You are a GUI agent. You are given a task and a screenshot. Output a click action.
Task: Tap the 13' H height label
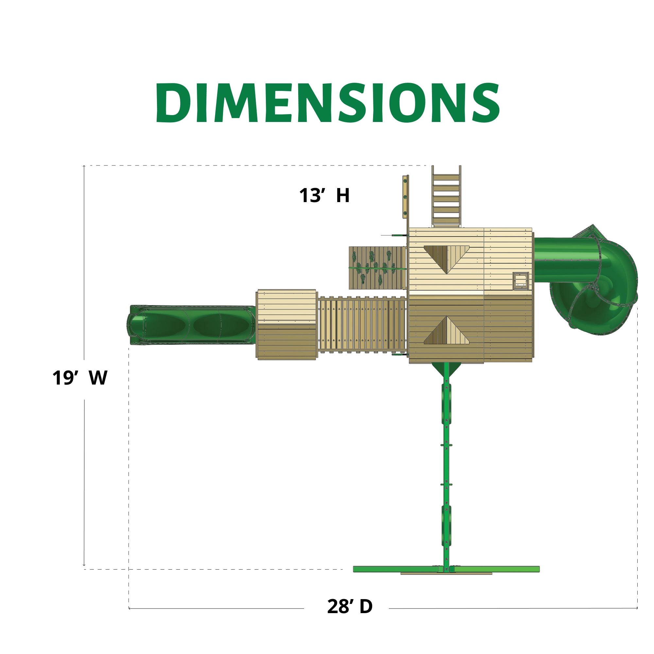(x=324, y=195)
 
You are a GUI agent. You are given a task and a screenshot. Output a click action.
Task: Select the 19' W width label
(x=80, y=378)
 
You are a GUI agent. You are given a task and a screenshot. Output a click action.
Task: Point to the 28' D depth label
(x=350, y=606)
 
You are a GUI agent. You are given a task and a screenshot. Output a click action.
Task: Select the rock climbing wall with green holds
(x=377, y=268)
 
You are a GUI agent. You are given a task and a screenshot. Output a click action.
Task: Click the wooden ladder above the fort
(x=446, y=196)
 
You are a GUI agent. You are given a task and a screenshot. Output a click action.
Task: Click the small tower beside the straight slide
(x=287, y=324)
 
